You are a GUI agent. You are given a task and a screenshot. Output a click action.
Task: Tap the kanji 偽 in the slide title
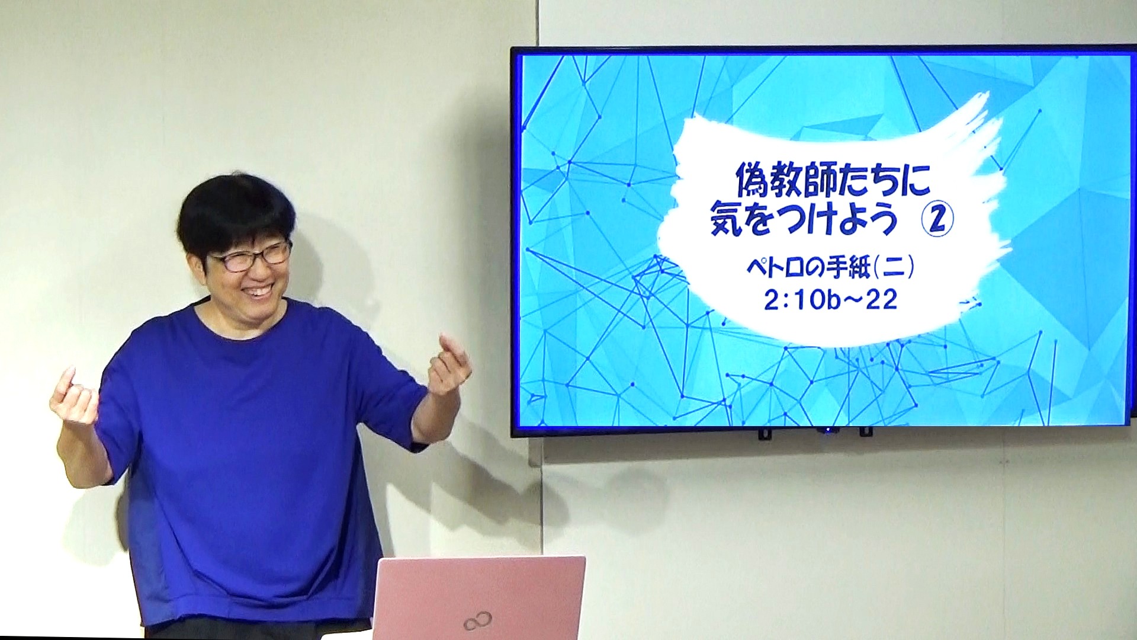coord(753,181)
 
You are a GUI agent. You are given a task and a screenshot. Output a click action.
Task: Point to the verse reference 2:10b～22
coord(831,300)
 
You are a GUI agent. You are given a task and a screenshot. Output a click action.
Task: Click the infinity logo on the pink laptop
coord(478,622)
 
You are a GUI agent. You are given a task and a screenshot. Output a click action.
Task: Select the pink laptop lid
coord(478,597)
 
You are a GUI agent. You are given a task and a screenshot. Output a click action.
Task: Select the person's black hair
coord(236,213)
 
